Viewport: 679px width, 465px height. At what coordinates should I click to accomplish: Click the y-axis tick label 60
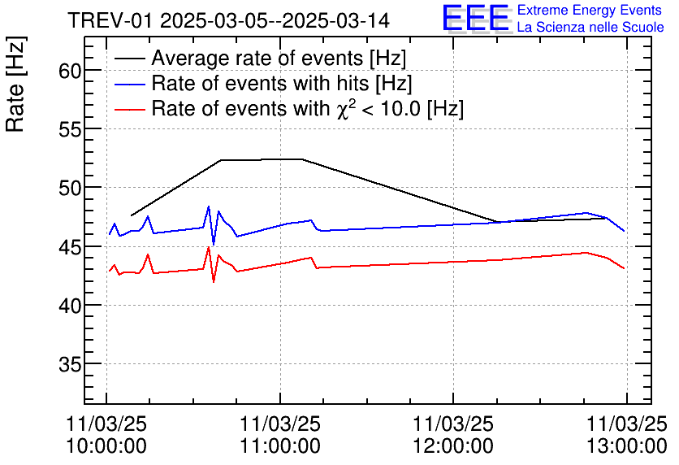click(70, 71)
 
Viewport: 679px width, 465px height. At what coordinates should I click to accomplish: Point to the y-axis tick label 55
click(70, 129)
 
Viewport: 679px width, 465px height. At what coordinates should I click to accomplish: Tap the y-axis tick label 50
click(70, 188)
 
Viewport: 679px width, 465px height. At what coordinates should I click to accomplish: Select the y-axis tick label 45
click(70, 247)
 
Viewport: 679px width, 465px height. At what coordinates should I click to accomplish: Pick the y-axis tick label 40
click(70, 306)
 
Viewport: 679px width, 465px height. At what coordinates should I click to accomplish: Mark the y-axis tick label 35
click(70, 364)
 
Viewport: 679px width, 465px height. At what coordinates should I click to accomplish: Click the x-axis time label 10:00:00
click(106, 445)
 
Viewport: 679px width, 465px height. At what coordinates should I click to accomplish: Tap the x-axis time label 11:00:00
click(280, 445)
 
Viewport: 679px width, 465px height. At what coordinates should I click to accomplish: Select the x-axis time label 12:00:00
click(453, 445)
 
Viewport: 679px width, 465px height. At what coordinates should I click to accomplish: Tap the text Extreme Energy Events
click(590, 11)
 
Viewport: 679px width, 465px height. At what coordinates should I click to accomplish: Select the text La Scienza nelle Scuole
click(590, 28)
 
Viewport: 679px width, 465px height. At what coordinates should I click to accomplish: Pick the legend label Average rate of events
click(279, 59)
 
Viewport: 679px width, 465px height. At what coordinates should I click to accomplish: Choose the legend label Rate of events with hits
click(282, 83)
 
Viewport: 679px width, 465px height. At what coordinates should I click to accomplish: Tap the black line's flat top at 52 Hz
click(262, 159)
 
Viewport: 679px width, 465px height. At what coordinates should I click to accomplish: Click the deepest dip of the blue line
click(214, 244)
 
